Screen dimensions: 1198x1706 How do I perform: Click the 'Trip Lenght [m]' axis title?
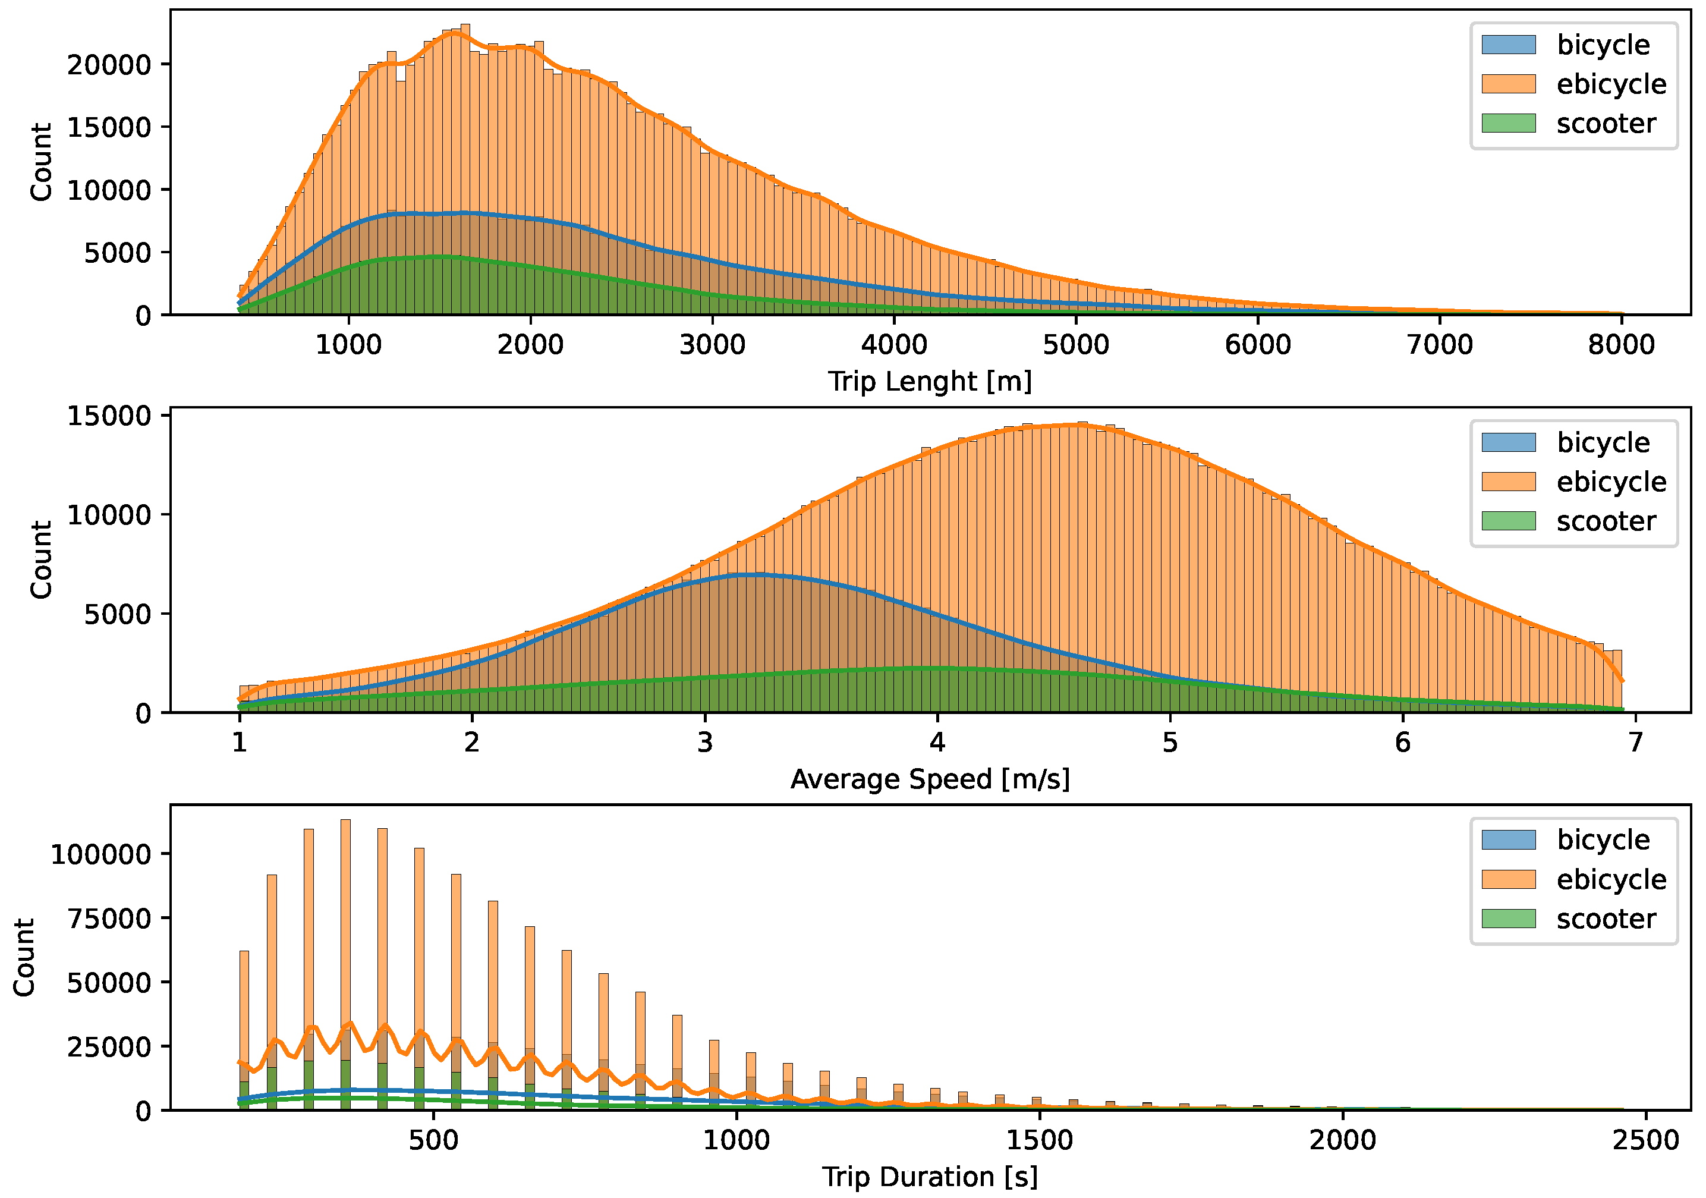point(930,381)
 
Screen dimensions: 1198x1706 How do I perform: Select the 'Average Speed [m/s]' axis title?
point(930,779)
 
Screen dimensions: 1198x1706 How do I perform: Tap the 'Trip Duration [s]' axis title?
point(930,1177)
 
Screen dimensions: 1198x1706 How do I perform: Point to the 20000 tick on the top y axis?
point(109,65)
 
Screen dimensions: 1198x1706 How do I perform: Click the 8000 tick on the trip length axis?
point(1622,345)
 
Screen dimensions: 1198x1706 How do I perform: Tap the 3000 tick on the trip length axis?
point(712,345)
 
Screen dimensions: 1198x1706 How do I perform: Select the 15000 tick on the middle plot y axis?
point(109,416)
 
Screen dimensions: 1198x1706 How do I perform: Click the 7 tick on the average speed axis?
point(1635,743)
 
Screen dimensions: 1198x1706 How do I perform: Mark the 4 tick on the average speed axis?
point(937,743)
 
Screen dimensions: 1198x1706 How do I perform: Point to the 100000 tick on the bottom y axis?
point(101,855)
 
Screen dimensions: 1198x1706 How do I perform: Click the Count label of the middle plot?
point(41,559)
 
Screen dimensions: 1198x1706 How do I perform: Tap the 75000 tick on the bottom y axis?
point(109,919)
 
